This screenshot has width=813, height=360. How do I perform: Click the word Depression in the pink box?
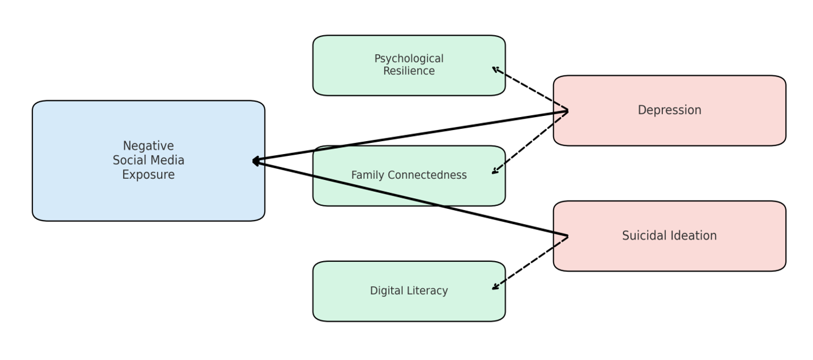(669, 110)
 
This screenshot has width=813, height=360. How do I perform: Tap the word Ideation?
(695, 236)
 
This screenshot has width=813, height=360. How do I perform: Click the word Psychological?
(409, 59)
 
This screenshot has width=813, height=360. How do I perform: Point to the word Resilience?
(409, 71)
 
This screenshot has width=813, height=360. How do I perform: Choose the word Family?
(366, 175)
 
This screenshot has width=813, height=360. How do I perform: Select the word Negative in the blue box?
(148, 146)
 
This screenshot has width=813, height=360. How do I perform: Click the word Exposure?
(148, 175)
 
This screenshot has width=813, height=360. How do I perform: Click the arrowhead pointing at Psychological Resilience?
(495, 69)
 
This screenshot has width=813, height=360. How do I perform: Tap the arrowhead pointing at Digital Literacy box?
(495, 288)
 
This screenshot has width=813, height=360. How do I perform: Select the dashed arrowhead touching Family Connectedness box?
(495, 172)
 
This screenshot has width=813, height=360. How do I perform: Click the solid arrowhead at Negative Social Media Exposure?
(255, 161)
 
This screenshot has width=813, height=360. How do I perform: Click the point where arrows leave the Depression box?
(568, 111)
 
